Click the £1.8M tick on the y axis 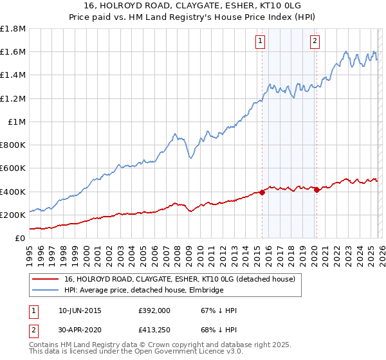tap(13, 29)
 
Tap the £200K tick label tap(13, 215)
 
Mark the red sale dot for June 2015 tap(262, 192)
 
